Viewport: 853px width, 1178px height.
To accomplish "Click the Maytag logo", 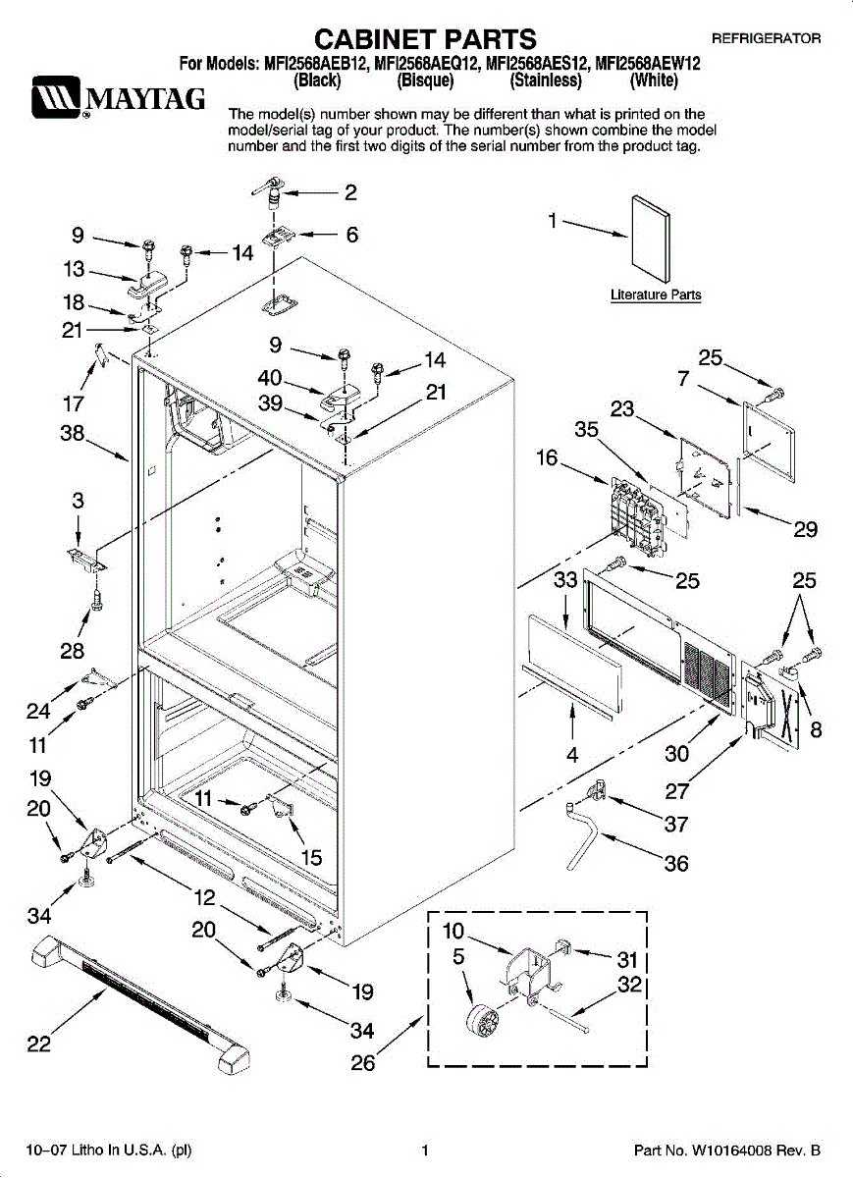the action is tap(118, 98).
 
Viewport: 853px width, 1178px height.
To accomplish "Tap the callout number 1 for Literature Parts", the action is tap(553, 221).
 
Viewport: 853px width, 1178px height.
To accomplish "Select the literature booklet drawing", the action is tap(651, 240).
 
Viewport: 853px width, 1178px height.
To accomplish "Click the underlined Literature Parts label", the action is tap(656, 295).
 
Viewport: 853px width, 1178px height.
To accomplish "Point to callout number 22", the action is tap(39, 1044).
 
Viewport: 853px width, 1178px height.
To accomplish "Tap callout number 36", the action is tap(676, 863).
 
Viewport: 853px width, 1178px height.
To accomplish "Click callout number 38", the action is tap(72, 433).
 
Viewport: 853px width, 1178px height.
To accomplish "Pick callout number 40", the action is tap(270, 378).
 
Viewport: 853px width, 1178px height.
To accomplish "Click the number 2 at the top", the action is tap(350, 192).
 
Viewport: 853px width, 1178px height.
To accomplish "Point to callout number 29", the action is tap(805, 529).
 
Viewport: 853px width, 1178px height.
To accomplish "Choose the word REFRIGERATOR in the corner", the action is tap(767, 38).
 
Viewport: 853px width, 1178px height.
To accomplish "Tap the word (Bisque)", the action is tap(425, 80).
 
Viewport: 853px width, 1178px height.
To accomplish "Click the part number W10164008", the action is tap(731, 1151).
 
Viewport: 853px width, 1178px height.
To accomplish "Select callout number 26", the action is tap(363, 1063).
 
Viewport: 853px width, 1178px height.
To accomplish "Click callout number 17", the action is tap(73, 403).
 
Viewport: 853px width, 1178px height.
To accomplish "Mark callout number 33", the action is tap(565, 580).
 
